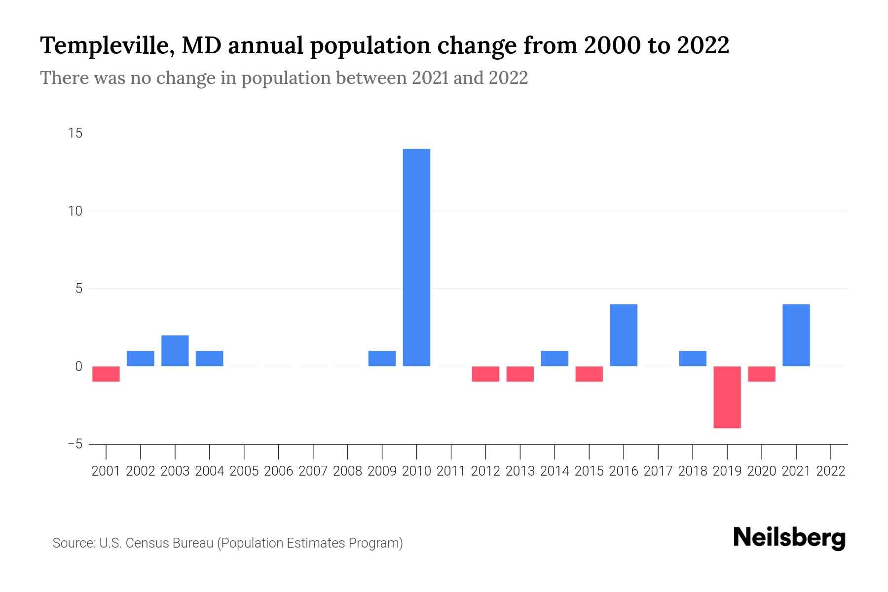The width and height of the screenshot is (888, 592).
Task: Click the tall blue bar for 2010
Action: pos(416,257)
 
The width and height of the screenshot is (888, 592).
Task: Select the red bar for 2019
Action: pos(727,397)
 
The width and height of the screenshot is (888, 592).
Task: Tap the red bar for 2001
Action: pos(106,374)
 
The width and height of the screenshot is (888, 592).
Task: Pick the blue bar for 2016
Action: pos(624,335)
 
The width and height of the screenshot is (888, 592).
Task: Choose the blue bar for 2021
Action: pos(796,335)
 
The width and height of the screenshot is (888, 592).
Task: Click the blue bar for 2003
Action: pos(175,351)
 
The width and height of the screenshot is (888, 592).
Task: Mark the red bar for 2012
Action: pos(485,374)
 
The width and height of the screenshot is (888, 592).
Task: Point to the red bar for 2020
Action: pos(762,374)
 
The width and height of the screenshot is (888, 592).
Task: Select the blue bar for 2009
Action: pos(382,359)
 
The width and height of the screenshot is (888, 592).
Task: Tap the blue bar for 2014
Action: pos(555,359)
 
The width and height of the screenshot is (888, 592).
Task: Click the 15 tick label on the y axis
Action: pos(75,134)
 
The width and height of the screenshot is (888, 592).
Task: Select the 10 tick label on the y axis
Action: pos(75,211)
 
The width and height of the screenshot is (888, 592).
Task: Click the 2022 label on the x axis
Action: pos(831,471)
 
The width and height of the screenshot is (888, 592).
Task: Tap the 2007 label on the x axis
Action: pos(313,471)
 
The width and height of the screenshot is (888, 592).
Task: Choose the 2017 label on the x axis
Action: pos(658,471)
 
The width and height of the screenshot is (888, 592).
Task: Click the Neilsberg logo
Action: pos(789,538)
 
